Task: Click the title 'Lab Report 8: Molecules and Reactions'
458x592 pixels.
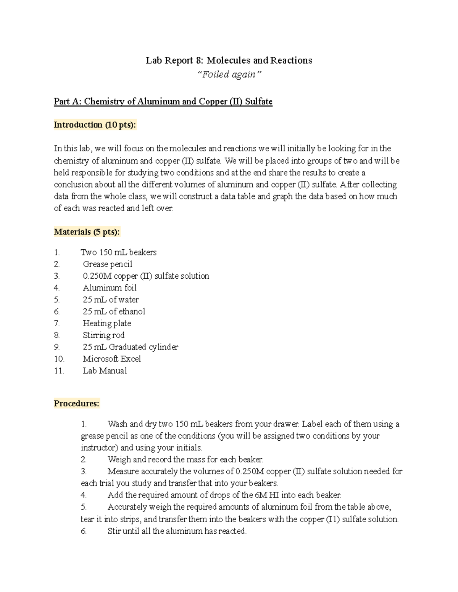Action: (x=229, y=60)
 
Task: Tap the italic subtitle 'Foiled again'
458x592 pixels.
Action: (x=229, y=74)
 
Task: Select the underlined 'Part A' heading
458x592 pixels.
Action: (x=163, y=101)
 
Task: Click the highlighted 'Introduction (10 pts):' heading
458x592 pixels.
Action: (x=95, y=125)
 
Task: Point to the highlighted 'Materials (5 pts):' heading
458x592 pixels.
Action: (x=87, y=232)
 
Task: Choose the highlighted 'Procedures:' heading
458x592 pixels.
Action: (x=76, y=403)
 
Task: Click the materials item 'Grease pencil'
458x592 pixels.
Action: (x=107, y=264)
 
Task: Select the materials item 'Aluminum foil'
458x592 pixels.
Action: (x=110, y=288)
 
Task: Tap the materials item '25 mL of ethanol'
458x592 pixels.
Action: (x=114, y=311)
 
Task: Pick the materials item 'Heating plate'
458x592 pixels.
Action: (x=107, y=323)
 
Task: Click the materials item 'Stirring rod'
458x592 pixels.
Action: (x=103, y=335)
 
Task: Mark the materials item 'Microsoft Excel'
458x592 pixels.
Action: (x=111, y=359)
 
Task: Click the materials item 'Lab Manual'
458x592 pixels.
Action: (x=105, y=371)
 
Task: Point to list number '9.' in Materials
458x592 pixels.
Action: (x=57, y=347)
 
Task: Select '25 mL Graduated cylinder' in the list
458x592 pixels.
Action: (x=130, y=347)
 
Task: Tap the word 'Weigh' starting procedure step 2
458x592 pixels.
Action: (x=119, y=459)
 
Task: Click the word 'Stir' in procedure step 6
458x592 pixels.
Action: (x=114, y=531)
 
